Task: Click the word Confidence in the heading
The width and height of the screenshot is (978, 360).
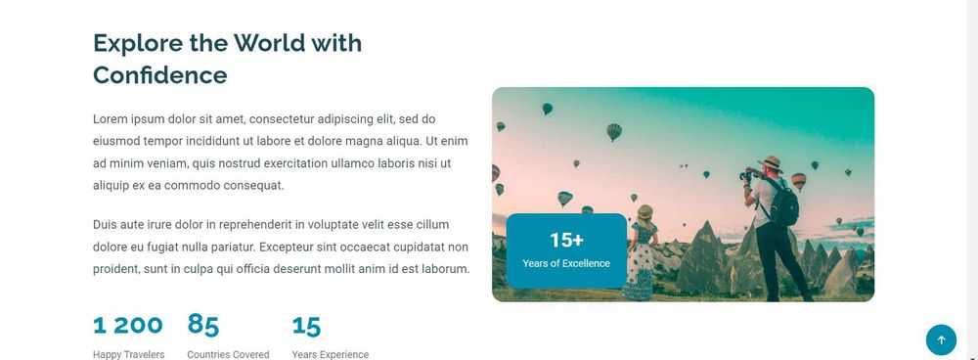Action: pos(159,74)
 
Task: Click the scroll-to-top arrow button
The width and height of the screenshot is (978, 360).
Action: pos(941,339)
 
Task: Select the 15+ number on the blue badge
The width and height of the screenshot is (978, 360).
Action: pos(566,240)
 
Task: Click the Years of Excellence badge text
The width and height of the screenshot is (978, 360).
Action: pos(566,263)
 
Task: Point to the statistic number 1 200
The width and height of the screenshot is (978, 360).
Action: pos(128,325)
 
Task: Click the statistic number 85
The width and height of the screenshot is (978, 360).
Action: pos(203,325)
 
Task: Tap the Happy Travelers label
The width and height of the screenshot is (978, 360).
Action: pos(128,354)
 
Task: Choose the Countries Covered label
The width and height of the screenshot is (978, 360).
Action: pos(228,354)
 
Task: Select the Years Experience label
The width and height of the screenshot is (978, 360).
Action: pos(330,354)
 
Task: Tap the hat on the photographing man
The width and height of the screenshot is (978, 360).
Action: pos(771,163)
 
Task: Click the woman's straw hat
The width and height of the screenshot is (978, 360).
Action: pos(645,211)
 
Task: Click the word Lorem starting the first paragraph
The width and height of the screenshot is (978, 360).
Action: pos(111,119)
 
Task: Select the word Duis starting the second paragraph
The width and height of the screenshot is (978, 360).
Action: pos(107,224)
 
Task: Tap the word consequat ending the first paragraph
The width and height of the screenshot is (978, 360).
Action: pos(252,184)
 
